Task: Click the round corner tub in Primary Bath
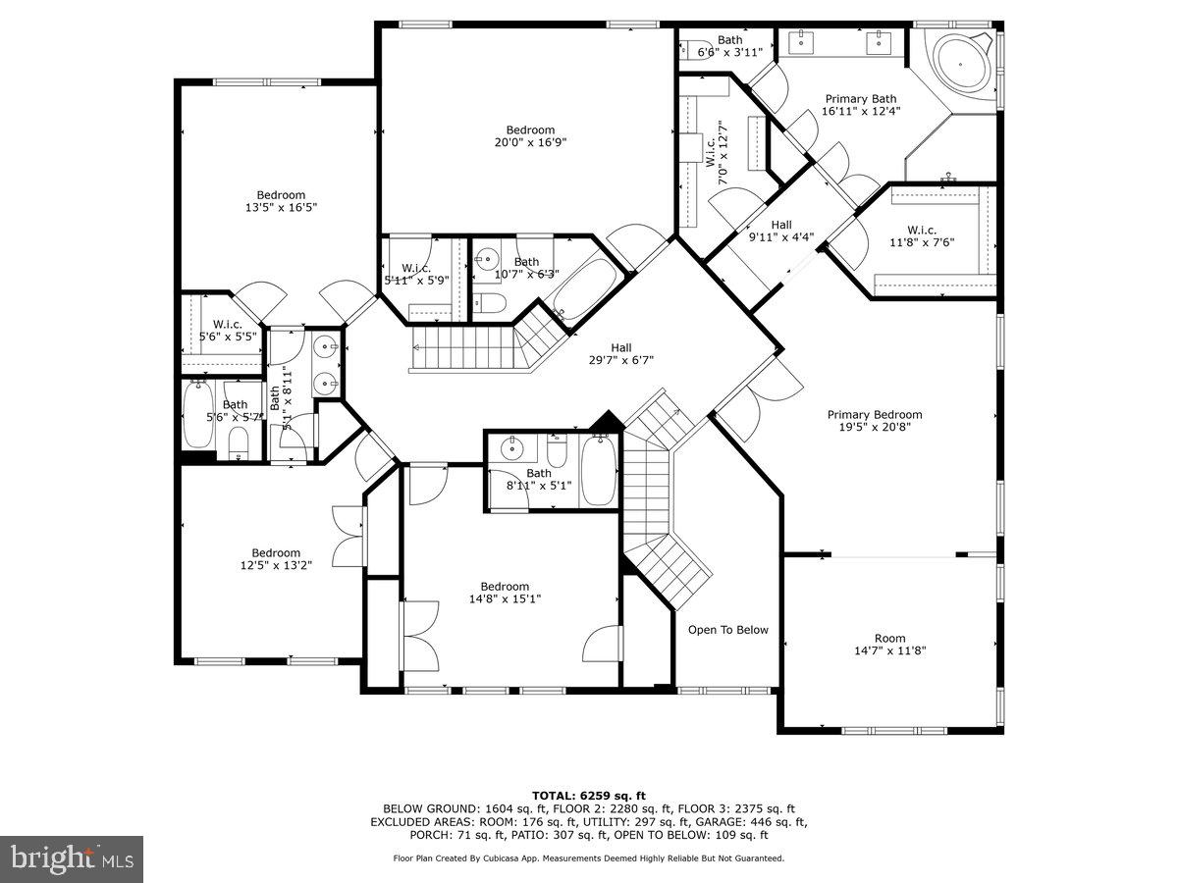pyautogui.click(x=954, y=60)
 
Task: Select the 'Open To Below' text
pyautogui.click(x=727, y=630)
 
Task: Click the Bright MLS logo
pyautogui.click(x=72, y=858)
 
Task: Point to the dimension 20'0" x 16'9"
pyautogui.click(x=530, y=142)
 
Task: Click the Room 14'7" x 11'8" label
pyautogui.click(x=889, y=645)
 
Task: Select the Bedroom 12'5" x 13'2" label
pyautogui.click(x=276, y=559)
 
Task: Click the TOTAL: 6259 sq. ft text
pyautogui.click(x=588, y=796)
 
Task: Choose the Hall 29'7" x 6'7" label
pyautogui.click(x=620, y=353)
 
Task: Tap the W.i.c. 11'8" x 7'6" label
pyautogui.click(x=923, y=235)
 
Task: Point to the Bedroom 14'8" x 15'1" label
pyautogui.click(x=505, y=593)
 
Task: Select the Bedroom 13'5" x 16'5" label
pyautogui.click(x=281, y=201)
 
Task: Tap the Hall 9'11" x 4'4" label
pyautogui.click(x=780, y=230)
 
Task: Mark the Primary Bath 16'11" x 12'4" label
pyautogui.click(x=860, y=105)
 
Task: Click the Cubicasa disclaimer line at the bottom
pyautogui.click(x=588, y=858)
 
